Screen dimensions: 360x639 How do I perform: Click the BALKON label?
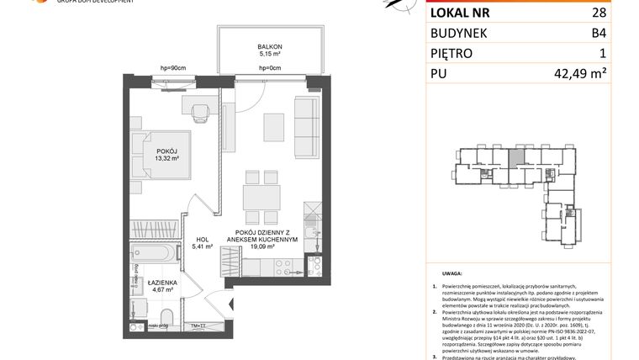[x=271, y=47]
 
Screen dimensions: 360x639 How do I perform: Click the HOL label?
[x=203, y=239]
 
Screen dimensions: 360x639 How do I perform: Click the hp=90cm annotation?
[x=172, y=68]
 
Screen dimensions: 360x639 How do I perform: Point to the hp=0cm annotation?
[x=269, y=68]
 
